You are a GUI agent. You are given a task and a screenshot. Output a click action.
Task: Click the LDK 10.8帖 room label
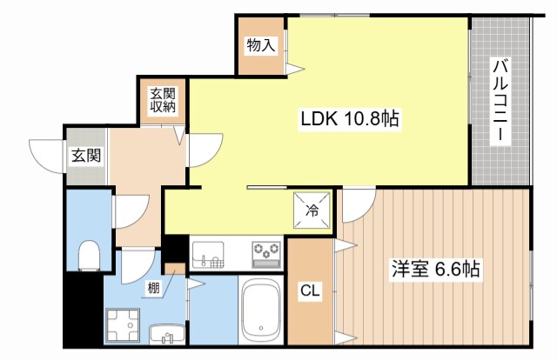click(x=350, y=120)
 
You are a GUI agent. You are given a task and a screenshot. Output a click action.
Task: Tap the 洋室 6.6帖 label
click(x=434, y=270)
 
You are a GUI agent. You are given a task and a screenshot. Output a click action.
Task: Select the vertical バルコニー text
click(x=501, y=102)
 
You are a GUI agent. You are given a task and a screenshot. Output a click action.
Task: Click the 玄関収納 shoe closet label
click(x=160, y=101)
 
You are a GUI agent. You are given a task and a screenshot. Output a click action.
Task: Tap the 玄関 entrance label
click(x=85, y=157)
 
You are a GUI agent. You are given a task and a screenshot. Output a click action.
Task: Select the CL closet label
click(x=310, y=291)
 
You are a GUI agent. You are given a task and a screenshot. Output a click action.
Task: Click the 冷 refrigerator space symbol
click(x=312, y=209)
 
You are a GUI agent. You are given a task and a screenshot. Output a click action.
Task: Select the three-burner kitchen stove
click(x=267, y=253)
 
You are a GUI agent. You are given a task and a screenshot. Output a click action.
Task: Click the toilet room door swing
click(x=128, y=209)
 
